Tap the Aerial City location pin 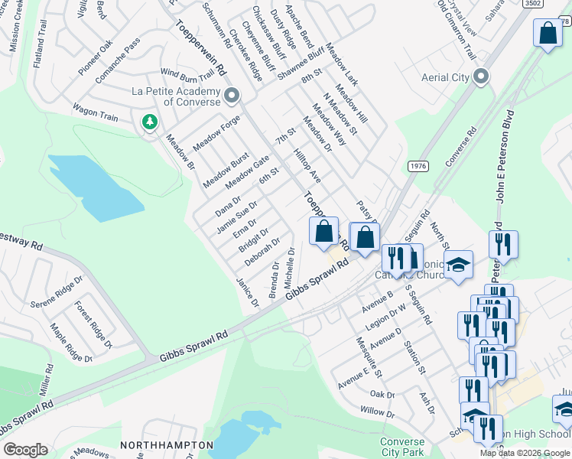click(x=481, y=76)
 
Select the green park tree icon click(x=150, y=122)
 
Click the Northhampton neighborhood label click(x=167, y=444)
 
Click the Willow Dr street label click(x=378, y=412)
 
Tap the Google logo click(x=25, y=450)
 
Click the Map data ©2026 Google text click(x=524, y=453)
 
